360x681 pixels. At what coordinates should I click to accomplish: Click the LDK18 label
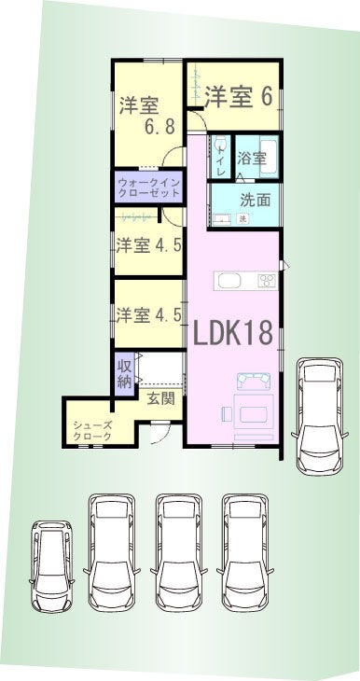(x=232, y=333)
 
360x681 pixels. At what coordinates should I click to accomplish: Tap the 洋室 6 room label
(x=239, y=96)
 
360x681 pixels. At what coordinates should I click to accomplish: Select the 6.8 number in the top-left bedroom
(x=159, y=127)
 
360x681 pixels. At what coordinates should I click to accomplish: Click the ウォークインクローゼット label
(x=148, y=188)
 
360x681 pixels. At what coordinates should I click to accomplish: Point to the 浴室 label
(x=252, y=158)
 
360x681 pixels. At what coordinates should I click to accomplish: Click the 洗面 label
(x=256, y=201)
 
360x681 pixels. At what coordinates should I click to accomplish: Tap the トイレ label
(x=221, y=161)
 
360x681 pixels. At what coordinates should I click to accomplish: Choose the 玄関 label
(x=160, y=398)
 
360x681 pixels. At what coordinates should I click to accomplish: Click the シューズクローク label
(x=91, y=430)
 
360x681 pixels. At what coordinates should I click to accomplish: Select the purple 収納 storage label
(x=124, y=373)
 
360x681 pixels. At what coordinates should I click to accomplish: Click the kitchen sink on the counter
(x=229, y=282)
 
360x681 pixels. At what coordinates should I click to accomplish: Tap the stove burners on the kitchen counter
(x=267, y=281)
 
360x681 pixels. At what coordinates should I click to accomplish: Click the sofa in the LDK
(x=254, y=381)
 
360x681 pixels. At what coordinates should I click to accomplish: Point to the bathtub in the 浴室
(x=269, y=157)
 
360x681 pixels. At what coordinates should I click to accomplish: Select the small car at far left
(x=51, y=566)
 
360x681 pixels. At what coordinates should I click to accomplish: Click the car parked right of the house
(x=320, y=416)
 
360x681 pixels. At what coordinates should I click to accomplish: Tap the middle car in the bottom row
(x=179, y=552)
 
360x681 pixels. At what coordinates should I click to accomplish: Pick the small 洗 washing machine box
(x=243, y=218)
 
